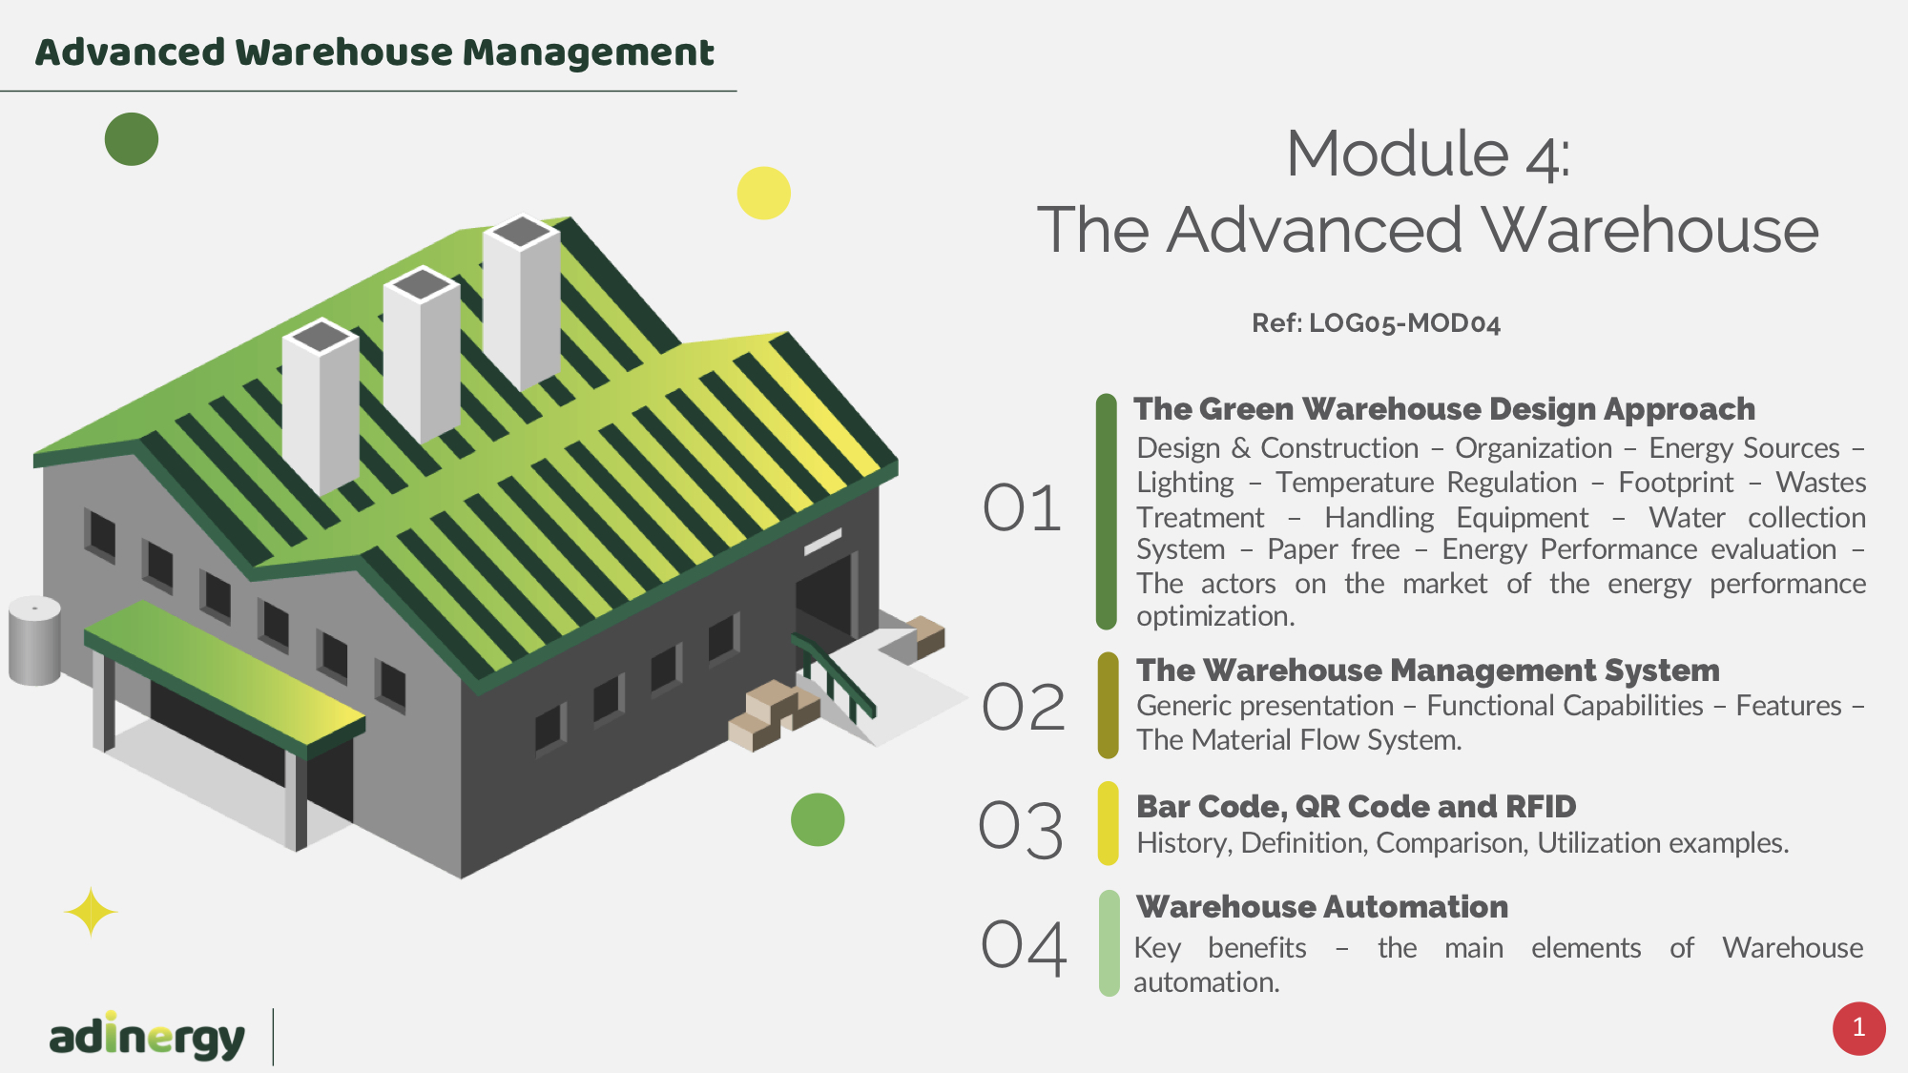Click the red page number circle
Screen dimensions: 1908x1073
[1858, 1028]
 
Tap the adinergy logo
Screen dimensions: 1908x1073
[147, 1036]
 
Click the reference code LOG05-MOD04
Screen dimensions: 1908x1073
[1404, 323]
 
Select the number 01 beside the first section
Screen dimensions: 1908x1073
[1022, 507]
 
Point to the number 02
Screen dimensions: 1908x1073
[1024, 708]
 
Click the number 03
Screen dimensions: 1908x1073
[1021, 829]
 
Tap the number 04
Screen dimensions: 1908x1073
[1024, 947]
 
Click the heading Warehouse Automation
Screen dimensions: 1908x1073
[1322, 906]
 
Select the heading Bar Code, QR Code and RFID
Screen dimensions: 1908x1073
[1356, 807]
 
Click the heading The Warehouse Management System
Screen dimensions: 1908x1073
[1427, 671]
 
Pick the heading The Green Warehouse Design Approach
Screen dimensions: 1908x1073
[1444, 409]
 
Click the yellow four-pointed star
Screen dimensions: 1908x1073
[91, 912]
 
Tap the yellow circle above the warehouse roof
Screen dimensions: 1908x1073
[764, 194]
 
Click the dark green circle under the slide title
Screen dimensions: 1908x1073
[132, 139]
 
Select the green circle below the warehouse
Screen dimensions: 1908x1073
[818, 819]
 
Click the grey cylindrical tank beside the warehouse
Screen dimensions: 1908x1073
[34, 641]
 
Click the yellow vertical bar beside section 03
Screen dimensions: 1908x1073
[1108, 823]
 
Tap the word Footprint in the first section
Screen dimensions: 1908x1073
[1675, 483]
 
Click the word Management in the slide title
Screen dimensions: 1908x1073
[588, 53]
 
